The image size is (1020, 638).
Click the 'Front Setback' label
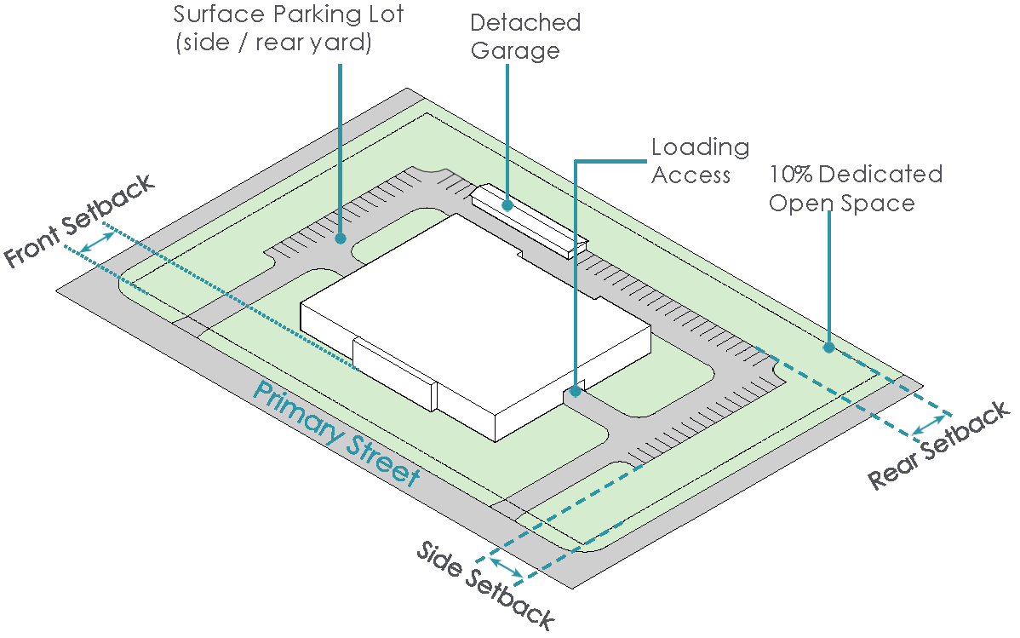(x=79, y=221)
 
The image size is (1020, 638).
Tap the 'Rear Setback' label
(x=939, y=445)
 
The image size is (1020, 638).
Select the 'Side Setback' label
(x=485, y=585)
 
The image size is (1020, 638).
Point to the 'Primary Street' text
(x=337, y=434)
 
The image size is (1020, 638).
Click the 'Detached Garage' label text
(x=525, y=37)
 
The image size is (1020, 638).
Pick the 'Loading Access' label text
(x=700, y=161)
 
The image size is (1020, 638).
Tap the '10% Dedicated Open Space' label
(x=856, y=188)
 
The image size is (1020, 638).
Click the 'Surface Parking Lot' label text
(x=288, y=14)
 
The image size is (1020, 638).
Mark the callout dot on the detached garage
(x=507, y=205)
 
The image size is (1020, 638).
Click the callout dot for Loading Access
(x=575, y=391)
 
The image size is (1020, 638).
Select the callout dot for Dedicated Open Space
(x=828, y=347)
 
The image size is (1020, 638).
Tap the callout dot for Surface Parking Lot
(x=340, y=239)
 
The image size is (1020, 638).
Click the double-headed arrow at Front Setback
(x=96, y=242)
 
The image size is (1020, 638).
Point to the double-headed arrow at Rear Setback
(x=929, y=424)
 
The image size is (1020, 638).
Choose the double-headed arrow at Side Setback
(x=506, y=567)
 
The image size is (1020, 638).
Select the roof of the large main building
(x=475, y=313)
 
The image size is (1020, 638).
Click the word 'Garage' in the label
(x=515, y=51)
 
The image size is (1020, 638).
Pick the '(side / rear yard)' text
(x=273, y=43)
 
